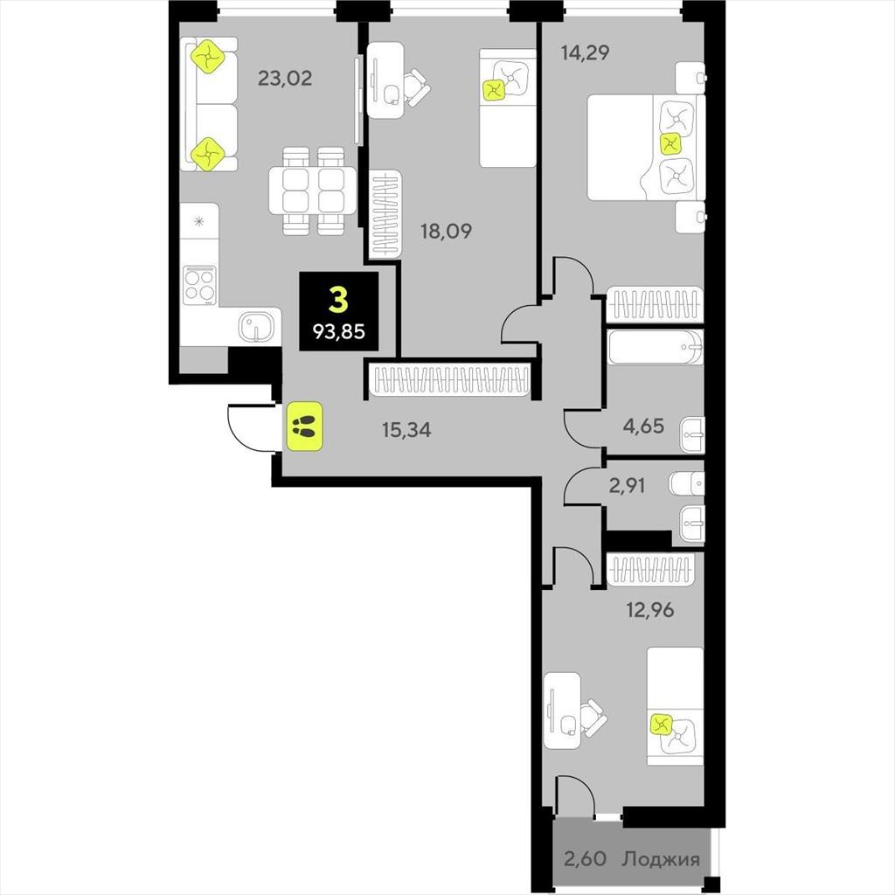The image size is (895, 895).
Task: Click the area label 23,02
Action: click(285, 78)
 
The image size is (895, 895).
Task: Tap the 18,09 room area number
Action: click(447, 231)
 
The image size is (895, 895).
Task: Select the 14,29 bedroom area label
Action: click(585, 53)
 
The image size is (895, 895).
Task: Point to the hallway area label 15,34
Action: click(406, 430)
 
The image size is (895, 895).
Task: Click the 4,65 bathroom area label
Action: click(644, 426)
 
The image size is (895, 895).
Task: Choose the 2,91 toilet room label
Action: click(628, 486)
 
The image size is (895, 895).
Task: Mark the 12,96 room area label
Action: click(650, 610)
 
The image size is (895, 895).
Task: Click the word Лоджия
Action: click(661, 859)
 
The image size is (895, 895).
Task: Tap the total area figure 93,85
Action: click(339, 331)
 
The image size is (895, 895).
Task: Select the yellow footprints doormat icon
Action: click(305, 426)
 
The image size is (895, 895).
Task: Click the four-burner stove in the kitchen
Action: click(200, 285)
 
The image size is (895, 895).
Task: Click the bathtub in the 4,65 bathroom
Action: click(656, 347)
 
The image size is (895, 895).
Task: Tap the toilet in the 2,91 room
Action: click(687, 485)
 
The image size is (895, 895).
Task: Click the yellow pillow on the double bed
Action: click(670, 144)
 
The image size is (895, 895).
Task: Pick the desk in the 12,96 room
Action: click(562, 711)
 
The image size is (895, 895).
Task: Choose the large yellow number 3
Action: click(338, 300)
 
